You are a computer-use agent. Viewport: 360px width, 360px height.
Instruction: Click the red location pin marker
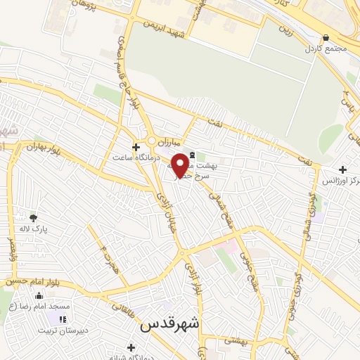pos(180,165)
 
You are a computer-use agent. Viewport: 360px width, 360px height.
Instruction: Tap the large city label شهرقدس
pos(170,323)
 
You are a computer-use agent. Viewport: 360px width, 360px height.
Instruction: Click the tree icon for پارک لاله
pos(32,217)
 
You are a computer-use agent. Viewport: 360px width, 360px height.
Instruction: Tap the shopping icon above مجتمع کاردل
pos(325,38)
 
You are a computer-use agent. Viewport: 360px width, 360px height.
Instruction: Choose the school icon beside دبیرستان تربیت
pos(54,320)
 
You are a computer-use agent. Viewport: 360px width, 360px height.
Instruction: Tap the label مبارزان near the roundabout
pos(169,140)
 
